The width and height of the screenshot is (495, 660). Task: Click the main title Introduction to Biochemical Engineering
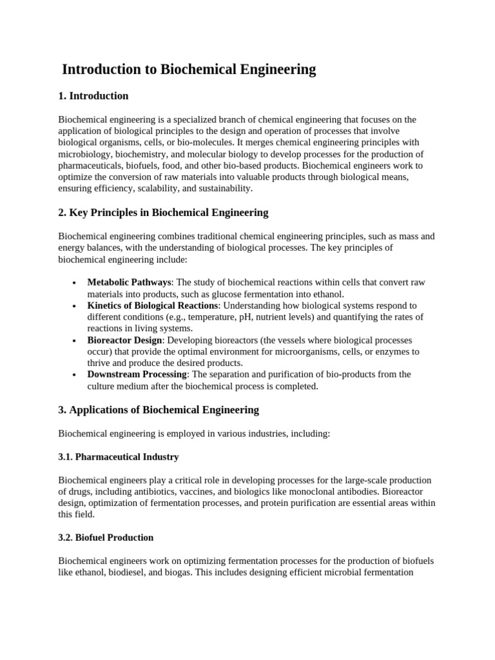189,70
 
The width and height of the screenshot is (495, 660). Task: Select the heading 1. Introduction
93,96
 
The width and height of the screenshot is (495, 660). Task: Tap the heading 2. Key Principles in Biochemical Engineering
163,213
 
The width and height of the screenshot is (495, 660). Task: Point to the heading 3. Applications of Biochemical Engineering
159,410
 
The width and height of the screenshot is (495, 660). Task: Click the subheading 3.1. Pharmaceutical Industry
119,457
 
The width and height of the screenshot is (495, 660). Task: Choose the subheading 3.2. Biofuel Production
106,538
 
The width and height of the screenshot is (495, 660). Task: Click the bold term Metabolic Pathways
129,282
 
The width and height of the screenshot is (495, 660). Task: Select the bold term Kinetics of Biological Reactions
153,306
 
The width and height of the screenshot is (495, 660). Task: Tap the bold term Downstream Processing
137,374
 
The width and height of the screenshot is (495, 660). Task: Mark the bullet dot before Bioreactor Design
75,340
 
